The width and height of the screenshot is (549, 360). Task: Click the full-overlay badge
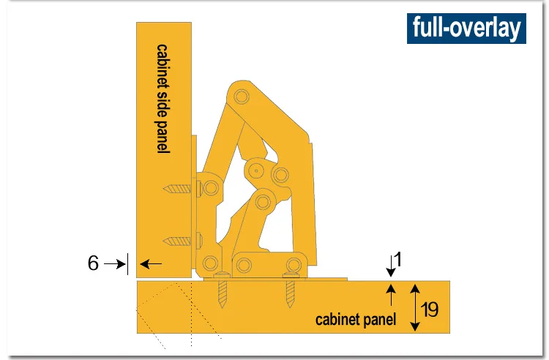[x=466, y=29]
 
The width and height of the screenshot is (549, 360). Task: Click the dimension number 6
[x=93, y=263]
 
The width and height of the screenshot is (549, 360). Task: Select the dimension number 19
[x=429, y=309]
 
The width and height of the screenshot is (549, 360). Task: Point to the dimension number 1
[x=398, y=260]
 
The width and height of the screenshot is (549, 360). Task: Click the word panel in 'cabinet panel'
[x=379, y=320]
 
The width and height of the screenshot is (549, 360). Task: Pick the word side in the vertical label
[x=163, y=103]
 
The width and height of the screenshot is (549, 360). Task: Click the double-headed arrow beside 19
[x=415, y=307]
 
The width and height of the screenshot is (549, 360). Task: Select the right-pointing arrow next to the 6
[x=115, y=264]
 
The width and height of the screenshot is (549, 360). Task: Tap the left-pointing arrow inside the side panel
[x=151, y=264]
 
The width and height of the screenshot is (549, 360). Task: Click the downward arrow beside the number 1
[x=391, y=266]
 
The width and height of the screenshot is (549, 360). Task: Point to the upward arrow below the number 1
[x=391, y=295]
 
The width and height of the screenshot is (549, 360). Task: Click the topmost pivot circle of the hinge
[x=242, y=96]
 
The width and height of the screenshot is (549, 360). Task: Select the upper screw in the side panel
[x=177, y=189]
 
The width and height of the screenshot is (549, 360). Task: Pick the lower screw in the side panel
[x=177, y=241]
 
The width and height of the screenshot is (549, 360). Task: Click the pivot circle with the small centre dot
[x=256, y=170]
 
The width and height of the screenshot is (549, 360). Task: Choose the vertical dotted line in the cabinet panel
[x=192, y=313]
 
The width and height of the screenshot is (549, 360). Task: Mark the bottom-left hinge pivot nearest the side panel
[x=210, y=263]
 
